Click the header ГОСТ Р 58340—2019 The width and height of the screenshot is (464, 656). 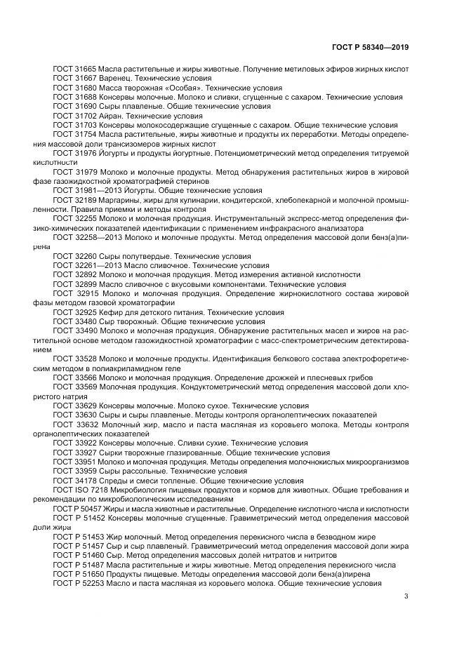(x=370, y=47)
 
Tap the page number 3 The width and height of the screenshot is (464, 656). (x=406, y=596)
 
